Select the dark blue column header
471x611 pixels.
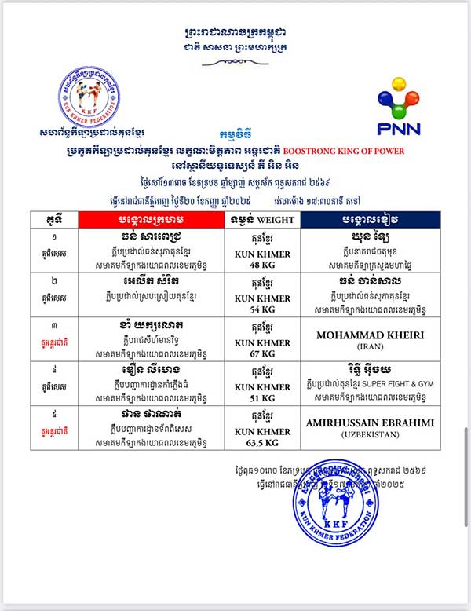point(367,219)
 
